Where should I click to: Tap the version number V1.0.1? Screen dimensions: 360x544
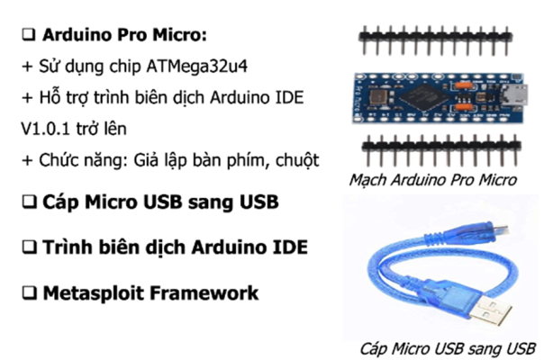(x=51, y=129)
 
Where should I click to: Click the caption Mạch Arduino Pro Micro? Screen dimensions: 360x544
(x=433, y=180)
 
